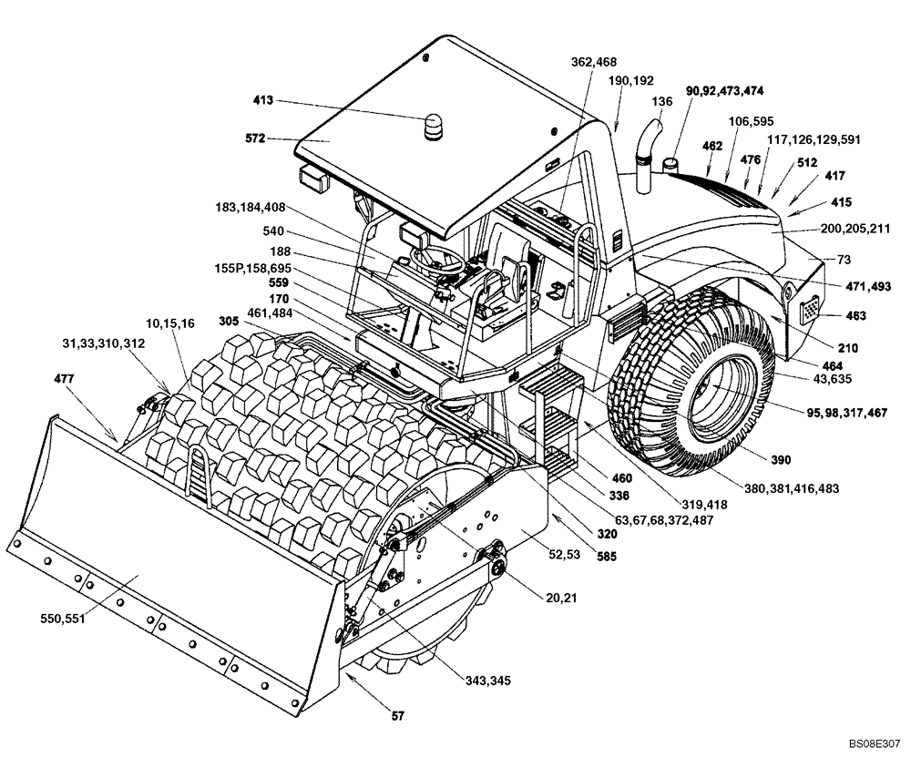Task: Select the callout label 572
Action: click(255, 138)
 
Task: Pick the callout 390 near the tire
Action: click(755, 459)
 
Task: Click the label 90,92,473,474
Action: click(725, 90)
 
